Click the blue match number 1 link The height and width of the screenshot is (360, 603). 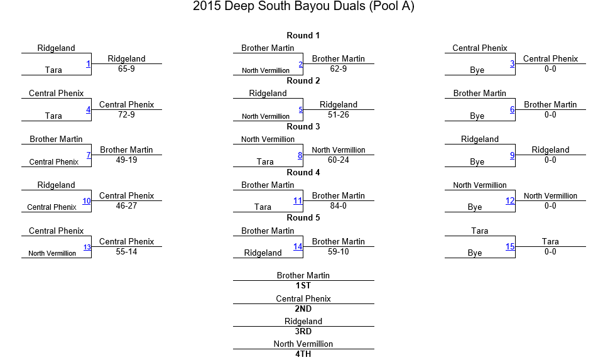[88, 64]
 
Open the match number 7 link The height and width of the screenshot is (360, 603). [89, 155]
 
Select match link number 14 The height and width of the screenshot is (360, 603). [298, 246]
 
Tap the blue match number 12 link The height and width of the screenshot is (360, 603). [510, 201]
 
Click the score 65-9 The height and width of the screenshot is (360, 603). [126, 69]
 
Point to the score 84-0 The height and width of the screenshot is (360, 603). [339, 206]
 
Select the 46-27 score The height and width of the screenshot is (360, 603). [126, 206]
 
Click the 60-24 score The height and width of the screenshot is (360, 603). [339, 160]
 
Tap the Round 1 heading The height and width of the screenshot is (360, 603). [303, 35]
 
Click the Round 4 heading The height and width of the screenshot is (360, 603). [303, 172]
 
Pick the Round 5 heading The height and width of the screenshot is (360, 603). [303, 217]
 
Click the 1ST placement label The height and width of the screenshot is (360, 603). [303, 285]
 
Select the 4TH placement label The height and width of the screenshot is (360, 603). [303, 354]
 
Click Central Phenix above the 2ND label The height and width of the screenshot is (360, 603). [303, 298]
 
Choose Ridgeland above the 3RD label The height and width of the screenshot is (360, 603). [303, 322]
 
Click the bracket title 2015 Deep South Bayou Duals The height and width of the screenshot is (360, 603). [279, 6]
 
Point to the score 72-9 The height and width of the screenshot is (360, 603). [126, 114]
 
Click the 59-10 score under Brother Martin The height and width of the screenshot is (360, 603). [339, 251]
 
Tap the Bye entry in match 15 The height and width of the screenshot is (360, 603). [475, 253]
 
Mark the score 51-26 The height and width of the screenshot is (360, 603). [339, 114]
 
